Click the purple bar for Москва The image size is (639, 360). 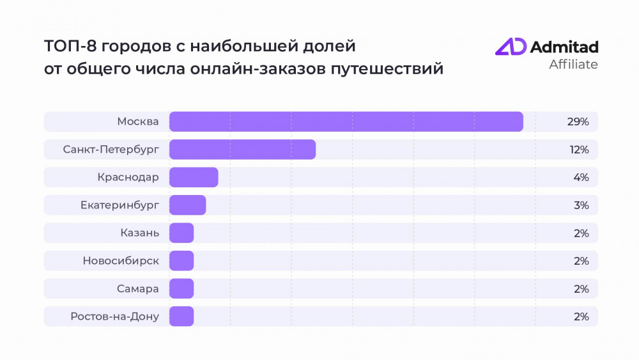(x=346, y=121)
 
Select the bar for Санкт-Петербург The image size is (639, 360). (x=242, y=150)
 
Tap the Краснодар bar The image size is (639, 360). (x=194, y=177)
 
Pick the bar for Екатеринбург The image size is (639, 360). (x=187, y=205)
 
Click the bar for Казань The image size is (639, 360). (x=181, y=233)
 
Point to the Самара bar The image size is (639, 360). (x=181, y=288)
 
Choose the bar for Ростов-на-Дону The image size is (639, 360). (x=181, y=316)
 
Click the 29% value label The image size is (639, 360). (x=578, y=121)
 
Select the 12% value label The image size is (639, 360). (x=579, y=150)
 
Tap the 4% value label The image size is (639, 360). (x=581, y=177)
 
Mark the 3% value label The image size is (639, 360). (x=581, y=205)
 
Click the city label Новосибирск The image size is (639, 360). (x=121, y=261)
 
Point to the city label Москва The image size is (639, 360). (x=138, y=121)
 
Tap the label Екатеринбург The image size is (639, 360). (x=119, y=205)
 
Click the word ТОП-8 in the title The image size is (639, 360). (x=66, y=47)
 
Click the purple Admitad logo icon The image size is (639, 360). (x=511, y=47)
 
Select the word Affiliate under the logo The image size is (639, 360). (x=574, y=65)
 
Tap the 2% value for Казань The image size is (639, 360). (x=581, y=233)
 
